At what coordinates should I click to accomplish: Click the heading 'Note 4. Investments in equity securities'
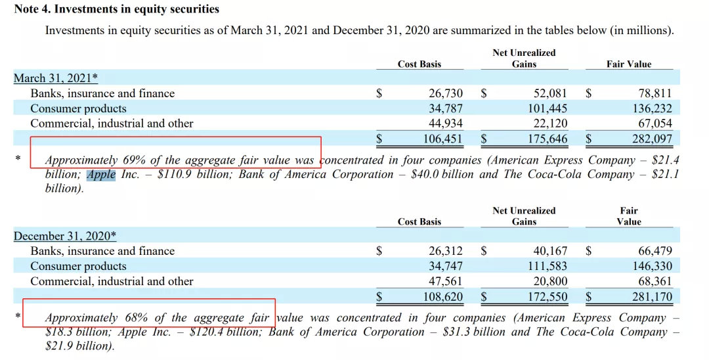(x=117, y=10)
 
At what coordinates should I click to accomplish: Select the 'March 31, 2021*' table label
(x=56, y=78)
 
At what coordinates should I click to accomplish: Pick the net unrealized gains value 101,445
(x=547, y=108)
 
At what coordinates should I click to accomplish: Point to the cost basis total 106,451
(x=442, y=139)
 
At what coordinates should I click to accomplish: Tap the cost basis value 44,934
(x=446, y=124)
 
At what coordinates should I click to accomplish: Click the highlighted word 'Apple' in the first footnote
(x=101, y=175)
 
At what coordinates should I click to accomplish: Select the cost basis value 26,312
(x=446, y=251)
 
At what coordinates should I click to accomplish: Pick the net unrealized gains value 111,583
(x=547, y=266)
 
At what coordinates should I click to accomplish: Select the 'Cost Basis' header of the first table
(x=419, y=64)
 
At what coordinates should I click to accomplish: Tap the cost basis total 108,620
(x=442, y=296)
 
